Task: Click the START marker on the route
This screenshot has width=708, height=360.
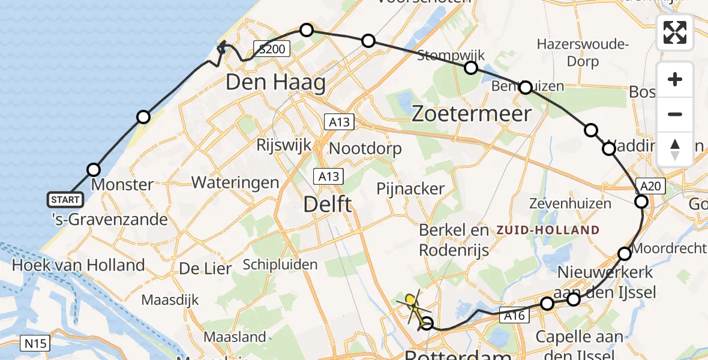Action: coord(65,199)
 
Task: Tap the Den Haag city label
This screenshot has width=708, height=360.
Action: coord(275,82)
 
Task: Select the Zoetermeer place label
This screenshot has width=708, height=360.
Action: coord(472,113)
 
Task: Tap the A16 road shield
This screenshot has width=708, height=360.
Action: coord(508,315)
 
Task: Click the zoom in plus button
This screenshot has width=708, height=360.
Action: coord(675,80)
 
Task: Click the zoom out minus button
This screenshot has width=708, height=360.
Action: coord(675,114)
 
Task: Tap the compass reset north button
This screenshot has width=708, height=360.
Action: coord(675,149)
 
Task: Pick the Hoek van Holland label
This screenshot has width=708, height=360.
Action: coord(79,265)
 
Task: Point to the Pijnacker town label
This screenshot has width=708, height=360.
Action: coord(410,188)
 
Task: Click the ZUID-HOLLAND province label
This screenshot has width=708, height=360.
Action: coord(547,230)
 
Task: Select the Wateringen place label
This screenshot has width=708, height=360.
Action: coord(235,182)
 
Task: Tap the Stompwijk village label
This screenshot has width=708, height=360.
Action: coord(442,53)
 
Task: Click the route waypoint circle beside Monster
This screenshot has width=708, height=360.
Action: coord(93,170)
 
